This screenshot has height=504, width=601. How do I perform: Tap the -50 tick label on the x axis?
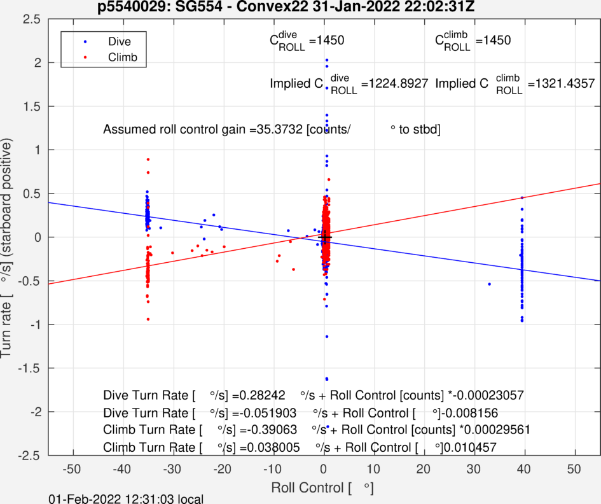click(x=72, y=469)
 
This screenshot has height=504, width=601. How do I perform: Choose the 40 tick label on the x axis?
click(x=524, y=469)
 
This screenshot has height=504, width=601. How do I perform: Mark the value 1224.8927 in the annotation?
click(x=397, y=83)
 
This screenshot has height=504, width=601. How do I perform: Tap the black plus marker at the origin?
click(x=325, y=237)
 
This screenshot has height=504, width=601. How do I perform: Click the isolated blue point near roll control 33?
click(x=489, y=284)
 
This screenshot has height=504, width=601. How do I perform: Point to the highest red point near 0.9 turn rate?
click(x=148, y=159)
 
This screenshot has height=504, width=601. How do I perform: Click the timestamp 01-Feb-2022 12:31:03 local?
click(x=127, y=498)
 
